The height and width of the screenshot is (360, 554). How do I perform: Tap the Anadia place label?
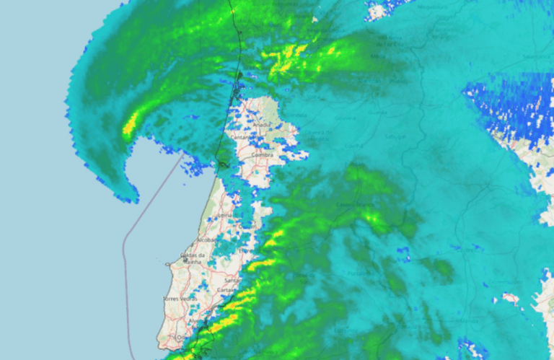click(x=261, y=124)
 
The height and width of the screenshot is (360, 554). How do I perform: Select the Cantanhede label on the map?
click(x=242, y=136)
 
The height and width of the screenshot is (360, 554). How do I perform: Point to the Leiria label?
click(x=224, y=214)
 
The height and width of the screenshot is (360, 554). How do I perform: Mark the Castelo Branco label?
click(x=353, y=206)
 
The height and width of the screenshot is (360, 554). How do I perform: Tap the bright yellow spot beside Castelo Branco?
click(x=373, y=216)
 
